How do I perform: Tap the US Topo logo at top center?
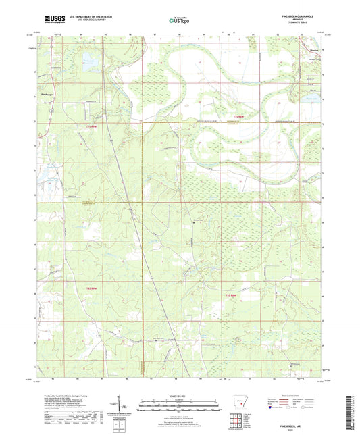[180, 21]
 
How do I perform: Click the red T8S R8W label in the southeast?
[231, 296]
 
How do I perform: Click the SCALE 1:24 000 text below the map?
[180, 396]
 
